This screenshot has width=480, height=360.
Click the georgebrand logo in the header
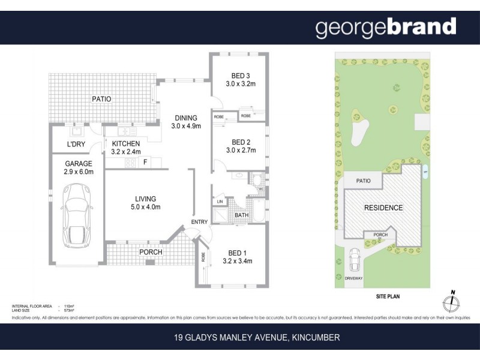coord(386,27)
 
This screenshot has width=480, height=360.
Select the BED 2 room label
coord(240,142)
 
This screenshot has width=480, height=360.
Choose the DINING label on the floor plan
coord(185,118)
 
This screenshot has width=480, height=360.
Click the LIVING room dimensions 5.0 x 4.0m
coord(145,207)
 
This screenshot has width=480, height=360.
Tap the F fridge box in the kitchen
coord(145,162)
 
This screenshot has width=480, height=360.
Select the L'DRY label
coord(76,145)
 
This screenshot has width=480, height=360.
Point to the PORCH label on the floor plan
coord(151,252)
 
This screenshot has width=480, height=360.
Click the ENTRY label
coord(199,222)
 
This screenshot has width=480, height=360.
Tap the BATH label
coord(241,215)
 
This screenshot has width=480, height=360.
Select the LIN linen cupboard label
coord(220,202)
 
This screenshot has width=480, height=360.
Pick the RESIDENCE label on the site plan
coord(383,208)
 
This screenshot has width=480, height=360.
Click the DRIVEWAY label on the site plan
coord(353,278)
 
